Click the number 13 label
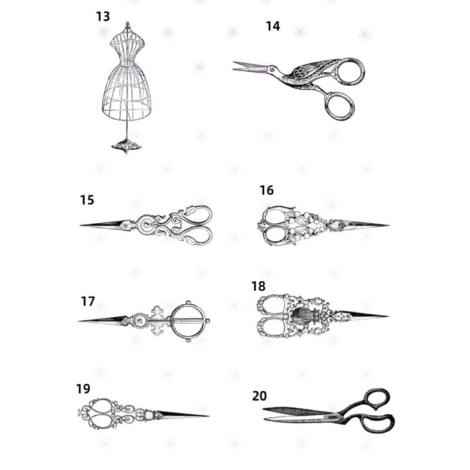(x=103, y=16)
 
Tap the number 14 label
(x=273, y=26)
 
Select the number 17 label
(x=88, y=301)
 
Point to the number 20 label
(x=260, y=395)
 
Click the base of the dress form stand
(x=127, y=145)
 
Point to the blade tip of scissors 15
(x=82, y=225)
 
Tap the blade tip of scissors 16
(x=387, y=224)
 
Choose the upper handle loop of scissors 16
(x=274, y=216)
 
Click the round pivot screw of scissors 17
(x=139, y=320)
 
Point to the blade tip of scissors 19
(x=207, y=416)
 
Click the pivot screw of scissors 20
(x=338, y=417)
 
